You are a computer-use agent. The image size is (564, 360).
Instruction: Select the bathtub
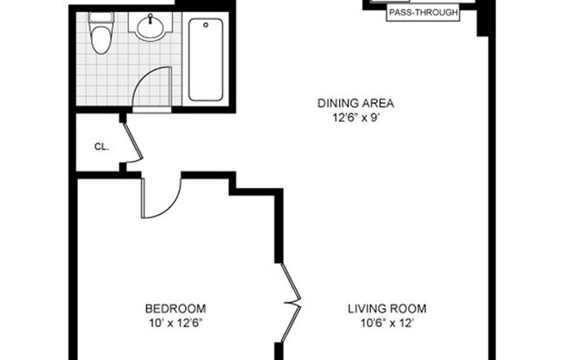click(206, 59)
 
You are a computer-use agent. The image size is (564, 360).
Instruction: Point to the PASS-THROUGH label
click(424, 13)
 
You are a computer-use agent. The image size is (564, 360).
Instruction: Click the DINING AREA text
click(349, 105)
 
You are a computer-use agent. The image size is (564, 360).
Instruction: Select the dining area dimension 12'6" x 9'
click(349, 119)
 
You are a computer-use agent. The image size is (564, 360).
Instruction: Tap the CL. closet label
click(101, 146)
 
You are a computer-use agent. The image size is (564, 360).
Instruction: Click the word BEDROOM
click(175, 309)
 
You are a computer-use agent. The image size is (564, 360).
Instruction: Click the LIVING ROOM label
click(387, 309)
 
